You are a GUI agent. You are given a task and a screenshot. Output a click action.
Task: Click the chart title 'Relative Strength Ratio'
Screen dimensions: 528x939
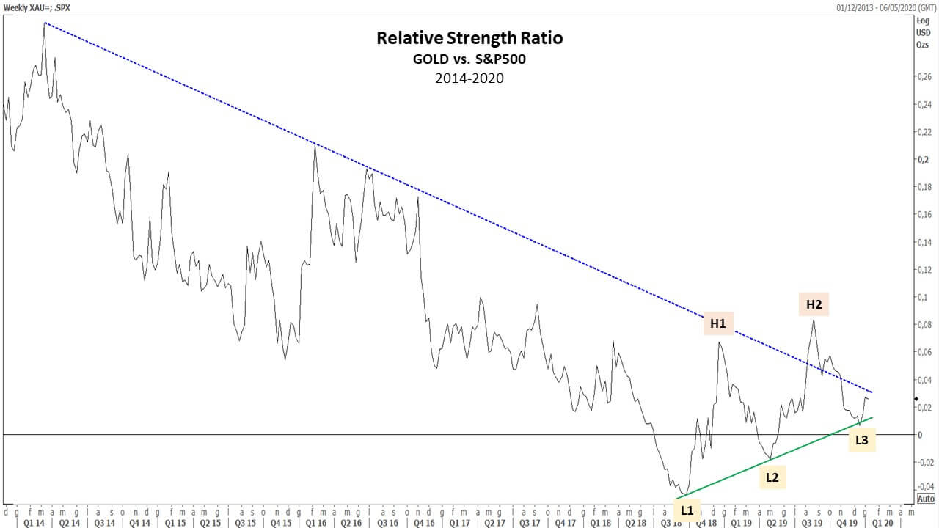tap(469, 37)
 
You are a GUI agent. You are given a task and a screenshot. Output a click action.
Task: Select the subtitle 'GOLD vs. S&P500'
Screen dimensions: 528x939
tap(469, 59)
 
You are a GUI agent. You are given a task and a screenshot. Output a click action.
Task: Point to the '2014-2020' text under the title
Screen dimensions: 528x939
tap(469, 78)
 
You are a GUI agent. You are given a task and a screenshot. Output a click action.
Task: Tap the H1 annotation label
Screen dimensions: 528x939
tap(717, 323)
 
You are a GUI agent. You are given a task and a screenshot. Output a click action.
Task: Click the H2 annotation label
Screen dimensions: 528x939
tap(814, 304)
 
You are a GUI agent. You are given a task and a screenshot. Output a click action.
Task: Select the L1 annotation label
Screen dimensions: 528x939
tap(687, 509)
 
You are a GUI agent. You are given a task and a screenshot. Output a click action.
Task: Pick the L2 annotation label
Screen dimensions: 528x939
tap(772, 477)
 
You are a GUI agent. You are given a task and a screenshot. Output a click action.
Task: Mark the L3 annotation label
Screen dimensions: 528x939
tap(862, 440)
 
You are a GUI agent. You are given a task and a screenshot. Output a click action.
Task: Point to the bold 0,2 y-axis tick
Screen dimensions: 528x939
tap(923, 160)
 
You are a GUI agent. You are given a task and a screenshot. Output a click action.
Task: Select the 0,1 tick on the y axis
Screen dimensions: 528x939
tap(924, 297)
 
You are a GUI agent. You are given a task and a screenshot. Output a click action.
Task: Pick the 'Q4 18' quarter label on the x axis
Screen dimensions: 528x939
tap(706, 523)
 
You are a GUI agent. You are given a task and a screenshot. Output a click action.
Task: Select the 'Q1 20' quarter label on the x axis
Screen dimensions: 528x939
tap(883, 523)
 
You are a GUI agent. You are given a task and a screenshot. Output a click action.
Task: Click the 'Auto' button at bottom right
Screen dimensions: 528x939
tap(926, 499)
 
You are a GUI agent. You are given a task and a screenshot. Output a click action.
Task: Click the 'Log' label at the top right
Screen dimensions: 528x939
tap(924, 21)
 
